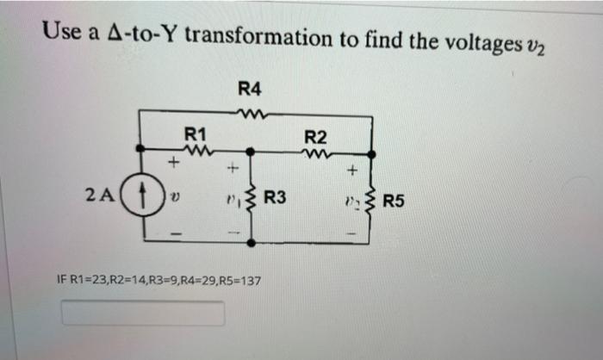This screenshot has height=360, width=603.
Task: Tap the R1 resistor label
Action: coord(196,134)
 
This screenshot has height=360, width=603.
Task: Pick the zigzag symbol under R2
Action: coord(316,153)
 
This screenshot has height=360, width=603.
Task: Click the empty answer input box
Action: coord(143,313)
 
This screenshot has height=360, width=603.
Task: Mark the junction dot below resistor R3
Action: coord(252,244)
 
